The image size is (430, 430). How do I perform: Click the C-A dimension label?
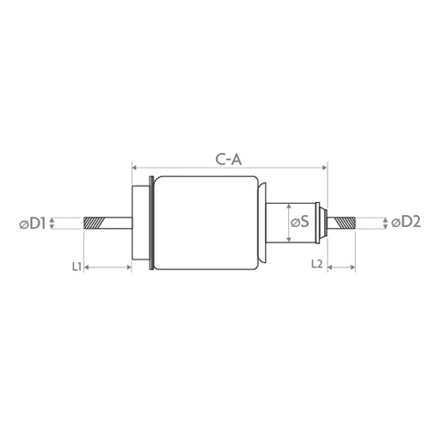coord(229,160)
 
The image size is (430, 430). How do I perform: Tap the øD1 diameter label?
coord(33,224)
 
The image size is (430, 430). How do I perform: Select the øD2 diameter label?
coord(406,222)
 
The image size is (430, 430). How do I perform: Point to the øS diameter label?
coord(300,222)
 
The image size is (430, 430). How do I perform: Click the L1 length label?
coord(77,267)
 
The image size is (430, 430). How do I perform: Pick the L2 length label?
coord(317,264)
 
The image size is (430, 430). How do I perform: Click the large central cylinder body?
coord(206,223)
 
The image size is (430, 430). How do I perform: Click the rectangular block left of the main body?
coord(140,223)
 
